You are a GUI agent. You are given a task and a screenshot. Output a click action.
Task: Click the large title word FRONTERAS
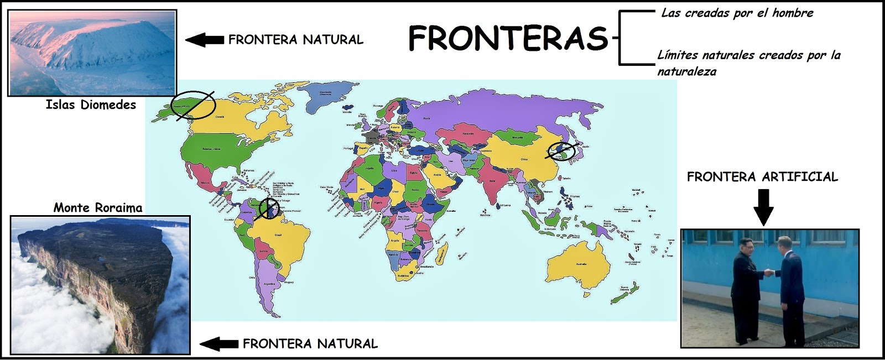point(508,39)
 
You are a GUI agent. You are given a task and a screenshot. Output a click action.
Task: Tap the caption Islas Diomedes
point(91,105)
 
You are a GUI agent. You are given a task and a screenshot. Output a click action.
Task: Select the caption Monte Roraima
point(98,208)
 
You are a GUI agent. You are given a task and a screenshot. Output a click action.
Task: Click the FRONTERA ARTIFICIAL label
point(762,177)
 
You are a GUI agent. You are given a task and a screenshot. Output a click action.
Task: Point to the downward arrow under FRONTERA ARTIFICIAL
point(763,207)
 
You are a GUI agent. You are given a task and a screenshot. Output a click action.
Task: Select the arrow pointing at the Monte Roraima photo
point(218,344)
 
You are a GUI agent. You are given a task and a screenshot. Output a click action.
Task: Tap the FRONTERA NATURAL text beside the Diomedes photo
point(295,40)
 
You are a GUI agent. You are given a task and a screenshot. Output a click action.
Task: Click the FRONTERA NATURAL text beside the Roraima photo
point(310,344)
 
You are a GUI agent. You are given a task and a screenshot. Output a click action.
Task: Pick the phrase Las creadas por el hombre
point(737,13)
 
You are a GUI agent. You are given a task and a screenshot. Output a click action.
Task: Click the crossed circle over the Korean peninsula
point(561,150)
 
